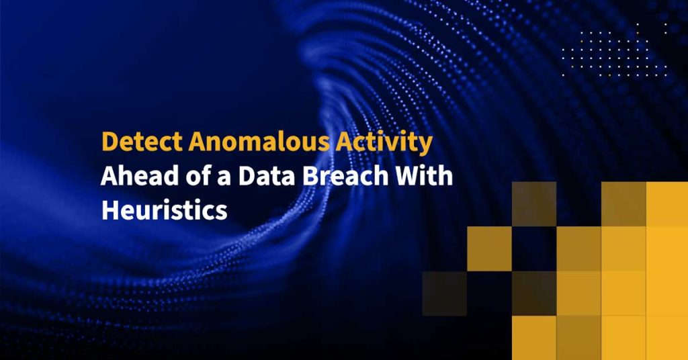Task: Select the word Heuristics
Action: (x=164, y=211)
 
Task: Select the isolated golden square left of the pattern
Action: (x=489, y=249)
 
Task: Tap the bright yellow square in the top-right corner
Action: (x=666, y=204)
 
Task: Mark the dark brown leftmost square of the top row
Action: (x=533, y=204)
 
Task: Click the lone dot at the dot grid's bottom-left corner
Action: (x=564, y=75)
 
